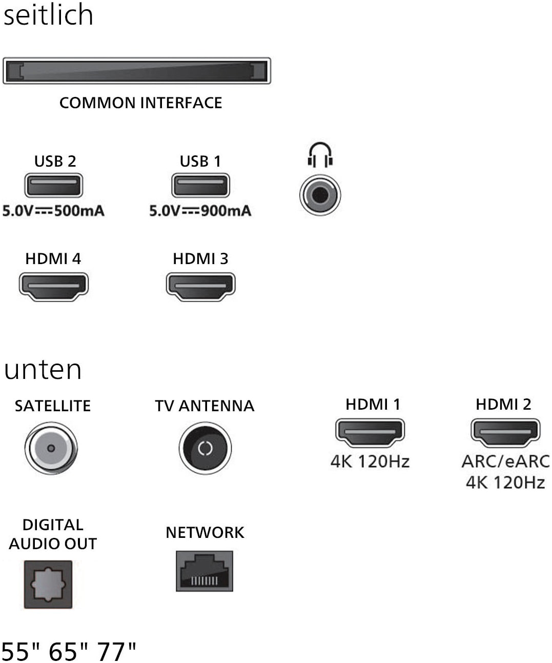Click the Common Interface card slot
[x=136, y=71]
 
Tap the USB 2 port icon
[x=54, y=185]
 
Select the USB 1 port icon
[x=200, y=185]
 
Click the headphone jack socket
[x=320, y=195]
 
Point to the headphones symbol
[x=320, y=154]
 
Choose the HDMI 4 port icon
[x=54, y=286]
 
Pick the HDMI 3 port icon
[x=200, y=286]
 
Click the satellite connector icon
[x=51, y=448]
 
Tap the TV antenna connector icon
[x=205, y=448]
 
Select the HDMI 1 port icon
[x=370, y=432]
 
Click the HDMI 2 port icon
[x=505, y=432]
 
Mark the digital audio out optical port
[x=48, y=584]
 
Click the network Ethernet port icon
[x=205, y=571]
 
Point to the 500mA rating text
[x=79, y=211]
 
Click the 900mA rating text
[x=226, y=211]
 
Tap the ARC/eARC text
[x=505, y=461]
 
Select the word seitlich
[x=48, y=14]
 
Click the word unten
[x=43, y=370]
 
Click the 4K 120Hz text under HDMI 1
[x=370, y=461]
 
